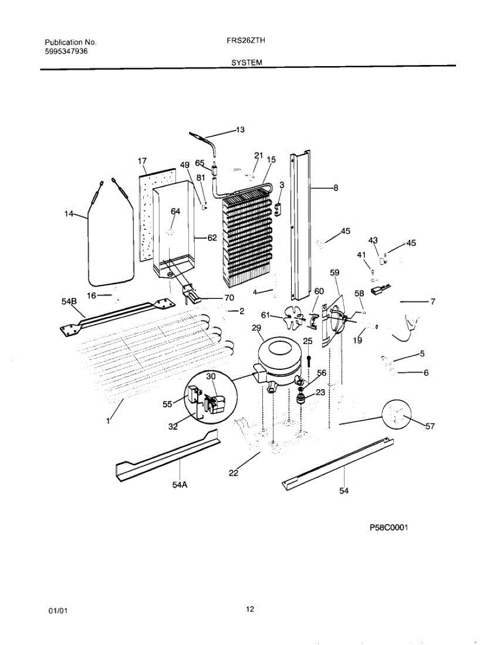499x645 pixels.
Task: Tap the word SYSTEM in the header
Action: (x=247, y=62)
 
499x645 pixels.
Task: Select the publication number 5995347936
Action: (x=66, y=52)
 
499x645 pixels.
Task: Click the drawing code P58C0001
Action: (x=389, y=528)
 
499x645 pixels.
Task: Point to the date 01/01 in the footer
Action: (x=58, y=611)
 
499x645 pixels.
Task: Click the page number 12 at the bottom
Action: (x=250, y=609)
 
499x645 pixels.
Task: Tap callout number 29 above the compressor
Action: (x=256, y=328)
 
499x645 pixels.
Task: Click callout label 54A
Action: (x=180, y=485)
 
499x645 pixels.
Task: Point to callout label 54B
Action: (x=69, y=302)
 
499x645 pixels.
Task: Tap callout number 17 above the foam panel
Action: (x=142, y=161)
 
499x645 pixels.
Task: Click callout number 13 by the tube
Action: (x=240, y=130)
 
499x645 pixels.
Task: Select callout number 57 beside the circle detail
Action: (x=429, y=427)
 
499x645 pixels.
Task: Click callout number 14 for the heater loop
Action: (x=68, y=214)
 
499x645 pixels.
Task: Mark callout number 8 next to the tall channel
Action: (x=335, y=188)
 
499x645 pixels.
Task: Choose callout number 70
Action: (x=229, y=298)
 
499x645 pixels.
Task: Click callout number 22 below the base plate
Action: (x=233, y=473)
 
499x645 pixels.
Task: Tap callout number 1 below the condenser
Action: (x=108, y=421)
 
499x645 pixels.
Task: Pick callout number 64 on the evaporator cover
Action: (x=175, y=211)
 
